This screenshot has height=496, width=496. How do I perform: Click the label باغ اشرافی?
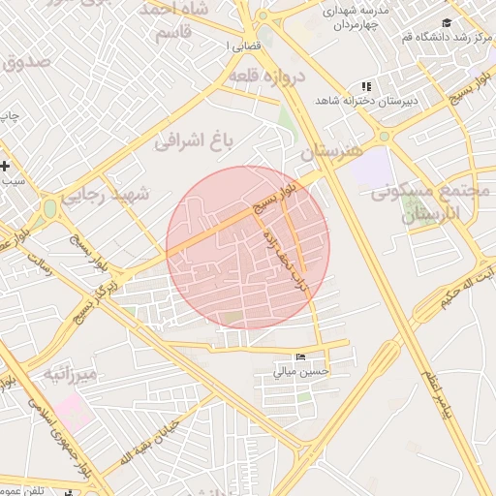point(198,142)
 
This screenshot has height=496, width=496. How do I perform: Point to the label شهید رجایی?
point(107,195)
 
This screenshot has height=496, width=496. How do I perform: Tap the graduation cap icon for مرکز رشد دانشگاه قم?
point(446,23)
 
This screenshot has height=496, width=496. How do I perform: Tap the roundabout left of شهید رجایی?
point(48,207)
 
